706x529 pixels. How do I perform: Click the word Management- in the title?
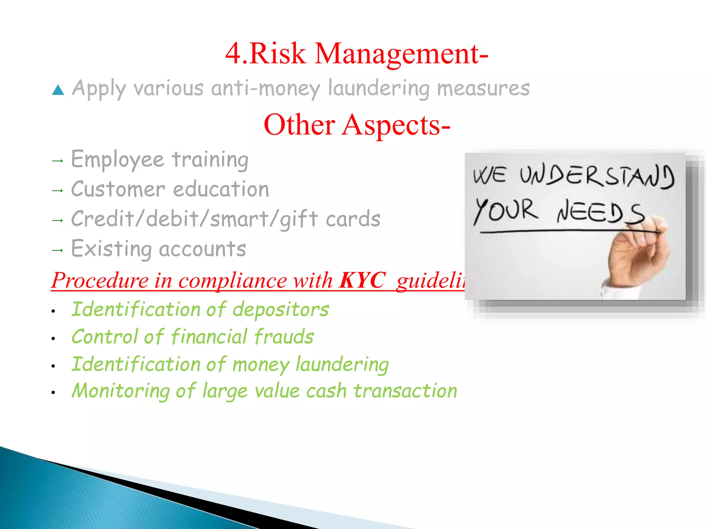coord(401,54)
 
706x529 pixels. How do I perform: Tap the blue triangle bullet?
coord(58,90)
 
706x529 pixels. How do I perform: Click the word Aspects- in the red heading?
coord(396,125)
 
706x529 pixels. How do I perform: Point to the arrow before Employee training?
coord(57,161)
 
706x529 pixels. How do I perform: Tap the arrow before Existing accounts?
coord(57,250)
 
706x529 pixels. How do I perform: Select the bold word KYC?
coord(362,280)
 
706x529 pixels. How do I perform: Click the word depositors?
coord(281,309)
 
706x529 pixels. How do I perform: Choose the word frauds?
coord(284,336)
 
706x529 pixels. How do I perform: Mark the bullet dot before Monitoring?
coord(53,392)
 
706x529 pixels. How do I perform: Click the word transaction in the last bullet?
coord(405,391)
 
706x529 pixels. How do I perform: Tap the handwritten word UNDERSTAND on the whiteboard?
coord(597,176)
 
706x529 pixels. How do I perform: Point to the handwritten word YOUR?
coord(506,210)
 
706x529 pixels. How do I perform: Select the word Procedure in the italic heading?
coord(100,280)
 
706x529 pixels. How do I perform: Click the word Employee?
coord(117,160)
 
